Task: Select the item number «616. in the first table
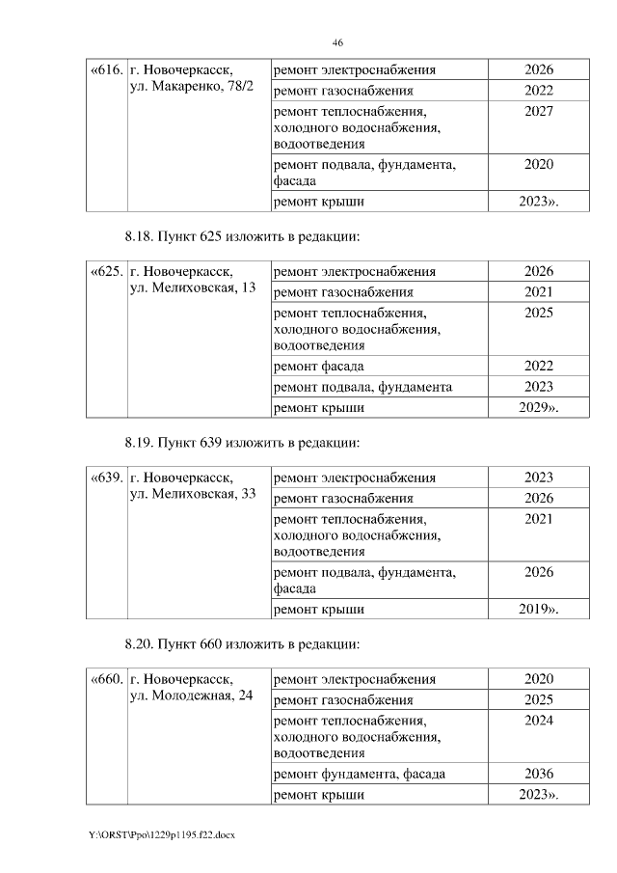(x=106, y=70)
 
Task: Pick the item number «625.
(x=106, y=272)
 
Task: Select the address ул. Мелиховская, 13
(x=192, y=289)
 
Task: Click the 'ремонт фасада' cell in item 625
(x=319, y=366)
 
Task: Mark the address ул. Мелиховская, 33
(x=192, y=495)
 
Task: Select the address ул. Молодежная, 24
(x=190, y=696)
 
